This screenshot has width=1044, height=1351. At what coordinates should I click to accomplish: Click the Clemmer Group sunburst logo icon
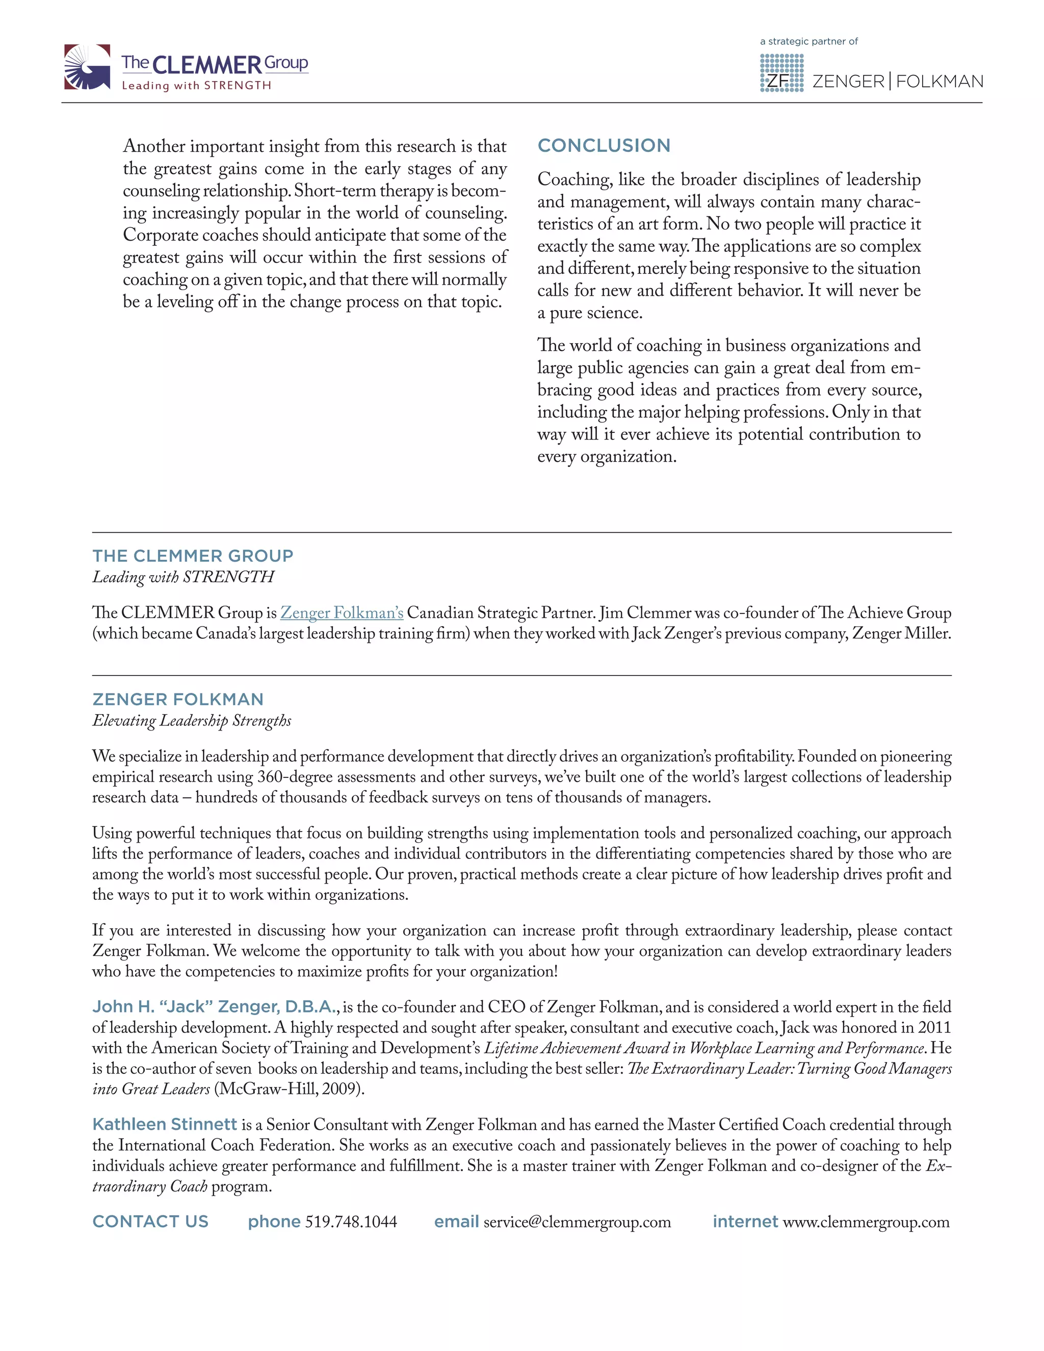pos(87,67)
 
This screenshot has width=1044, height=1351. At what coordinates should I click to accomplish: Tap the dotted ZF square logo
pos(781,73)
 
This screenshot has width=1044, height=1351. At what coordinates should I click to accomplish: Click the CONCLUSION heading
pos(604,145)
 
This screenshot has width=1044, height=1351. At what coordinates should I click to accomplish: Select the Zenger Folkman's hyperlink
pos(342,612)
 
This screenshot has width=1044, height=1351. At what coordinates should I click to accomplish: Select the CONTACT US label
pos(150,1222)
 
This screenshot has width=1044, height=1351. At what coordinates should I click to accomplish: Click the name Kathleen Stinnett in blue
pos(165,1125)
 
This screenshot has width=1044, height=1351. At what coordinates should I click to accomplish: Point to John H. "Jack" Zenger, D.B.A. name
pos(215,1007)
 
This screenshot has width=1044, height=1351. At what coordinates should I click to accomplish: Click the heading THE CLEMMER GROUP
pos(192,556)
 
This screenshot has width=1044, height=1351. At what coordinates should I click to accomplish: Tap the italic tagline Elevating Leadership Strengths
pos(192,721)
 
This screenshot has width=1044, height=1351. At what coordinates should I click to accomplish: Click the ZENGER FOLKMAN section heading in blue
pos(177,699)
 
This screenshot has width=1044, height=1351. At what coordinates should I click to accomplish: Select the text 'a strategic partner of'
pos(808,41)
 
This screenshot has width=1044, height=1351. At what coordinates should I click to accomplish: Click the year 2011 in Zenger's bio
pos(934,1027)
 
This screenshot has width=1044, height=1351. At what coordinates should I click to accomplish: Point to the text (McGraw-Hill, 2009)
pos(289,1089)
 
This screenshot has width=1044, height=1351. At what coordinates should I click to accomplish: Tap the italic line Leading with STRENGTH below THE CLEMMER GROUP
pos(183,577)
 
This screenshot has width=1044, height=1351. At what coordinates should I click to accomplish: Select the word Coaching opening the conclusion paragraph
pos(575,179)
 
